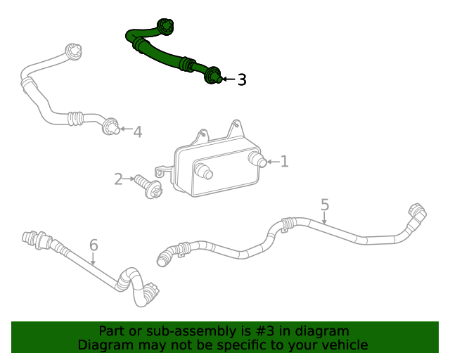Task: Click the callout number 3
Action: tap(242, 79)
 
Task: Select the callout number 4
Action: tap(138, 131)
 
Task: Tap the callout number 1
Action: tap(285, 162)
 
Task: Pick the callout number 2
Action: tap(118, 179)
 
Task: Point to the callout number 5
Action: tap(325, 205)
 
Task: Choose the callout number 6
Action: tap(94, 245)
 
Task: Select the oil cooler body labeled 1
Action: tap(215, 166)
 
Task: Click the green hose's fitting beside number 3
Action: tap(213, 75)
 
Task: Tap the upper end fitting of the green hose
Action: tap(166, 27)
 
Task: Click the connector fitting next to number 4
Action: tap(110, 128)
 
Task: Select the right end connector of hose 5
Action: tap(415, 213)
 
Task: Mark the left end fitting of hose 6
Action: tap(31, 238)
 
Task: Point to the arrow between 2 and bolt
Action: tap(129, 180)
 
